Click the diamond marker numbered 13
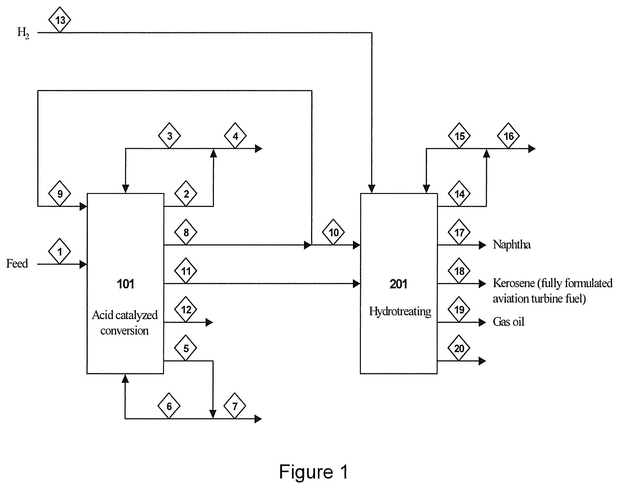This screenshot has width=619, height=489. coord(60,20)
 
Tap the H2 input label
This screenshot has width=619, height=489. coord(23,33)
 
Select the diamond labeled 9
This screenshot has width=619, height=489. coord(60,194)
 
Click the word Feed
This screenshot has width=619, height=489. coord(17,263)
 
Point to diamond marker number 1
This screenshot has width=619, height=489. coord(60,251)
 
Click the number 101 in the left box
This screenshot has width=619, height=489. coord(126,284)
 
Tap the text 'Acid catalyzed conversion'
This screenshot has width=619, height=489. coord(125,323)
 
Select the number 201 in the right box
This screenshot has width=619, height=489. coord(399,284)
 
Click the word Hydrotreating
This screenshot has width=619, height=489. coord(400,312)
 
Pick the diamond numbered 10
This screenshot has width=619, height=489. coord(334,232)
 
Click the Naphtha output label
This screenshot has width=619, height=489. coord(512,244)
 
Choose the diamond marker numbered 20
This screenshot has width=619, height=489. coord(459,348)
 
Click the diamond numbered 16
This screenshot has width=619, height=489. coord(508,136)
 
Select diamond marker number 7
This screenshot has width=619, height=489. coord(235,406)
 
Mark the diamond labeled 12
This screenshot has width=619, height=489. coord(186,310)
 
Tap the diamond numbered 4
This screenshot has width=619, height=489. coord(235,136)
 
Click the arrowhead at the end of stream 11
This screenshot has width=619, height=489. coord(357,284)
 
